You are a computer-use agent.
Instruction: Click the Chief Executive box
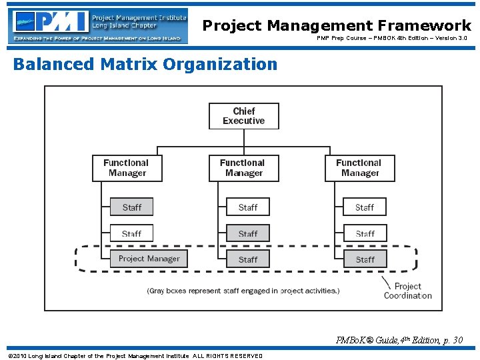pyautogui.click(x=243, y=116)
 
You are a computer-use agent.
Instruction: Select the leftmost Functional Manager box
pyautogui.click(x=127, y=168)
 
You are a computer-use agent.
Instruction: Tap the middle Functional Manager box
pyautogui.click(x=243, y=168)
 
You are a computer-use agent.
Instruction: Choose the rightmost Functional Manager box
pyautogui.click(x=360, y=168)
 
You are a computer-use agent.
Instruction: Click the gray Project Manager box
pyautogui.click(x=149, y=259)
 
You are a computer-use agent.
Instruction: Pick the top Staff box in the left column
pyautogui.click(x=131, y=207)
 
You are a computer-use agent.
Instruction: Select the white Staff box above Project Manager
pyautogui.click(x=131, y=233)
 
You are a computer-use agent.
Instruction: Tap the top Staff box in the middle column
pyautogui.click(x=248, y=207)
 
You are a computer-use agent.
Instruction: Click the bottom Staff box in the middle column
pyautogui.click(x=248, y=259)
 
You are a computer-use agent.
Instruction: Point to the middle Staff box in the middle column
pyautogui.click(x=248, y=233)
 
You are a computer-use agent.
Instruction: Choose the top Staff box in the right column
pyautogui.click(x=365, y=207)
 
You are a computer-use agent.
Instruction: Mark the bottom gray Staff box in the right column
pyautogui.click(x=365, y=259)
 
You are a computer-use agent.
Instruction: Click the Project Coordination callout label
pyautogui.click(x=407, y=291)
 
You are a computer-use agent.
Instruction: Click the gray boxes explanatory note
pyautogui.click(x=243, y=291)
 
